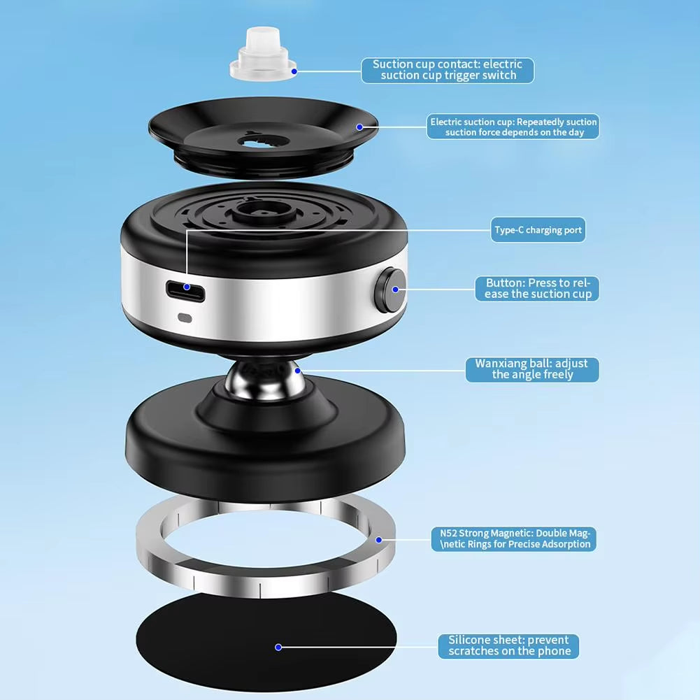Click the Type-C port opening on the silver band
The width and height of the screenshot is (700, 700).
pyautogui.click(x=185, y=291)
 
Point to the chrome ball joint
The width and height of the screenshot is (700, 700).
pyautogui.click(x=265, y=380)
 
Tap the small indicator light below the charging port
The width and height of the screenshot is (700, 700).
pyautogui.click(x=185, y=318)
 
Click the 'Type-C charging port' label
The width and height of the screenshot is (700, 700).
pyautogui.click(x=538, y=230)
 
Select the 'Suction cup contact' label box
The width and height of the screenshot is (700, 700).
pyautogui.click(x=448, y=70)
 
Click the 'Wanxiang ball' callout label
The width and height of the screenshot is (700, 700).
pyautogui.click(x=532, y=369)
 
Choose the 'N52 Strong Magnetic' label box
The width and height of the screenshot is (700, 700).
pyautogui.click(x=513, y=539)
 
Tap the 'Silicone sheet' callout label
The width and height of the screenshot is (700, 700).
pyautogui.click(x=508, y=646)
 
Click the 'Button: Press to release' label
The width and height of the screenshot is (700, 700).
pyautogui.click(x=537, y=288)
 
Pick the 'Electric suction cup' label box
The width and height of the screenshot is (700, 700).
pyautogui.click(x=513, y=127)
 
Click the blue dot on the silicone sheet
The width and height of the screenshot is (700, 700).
pyautogui.click(x=278, y=647)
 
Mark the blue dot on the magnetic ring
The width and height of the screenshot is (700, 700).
pyautogui.click(x=378, y=540)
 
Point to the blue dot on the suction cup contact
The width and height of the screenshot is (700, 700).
pyautogui.click(x=294, y=71)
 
